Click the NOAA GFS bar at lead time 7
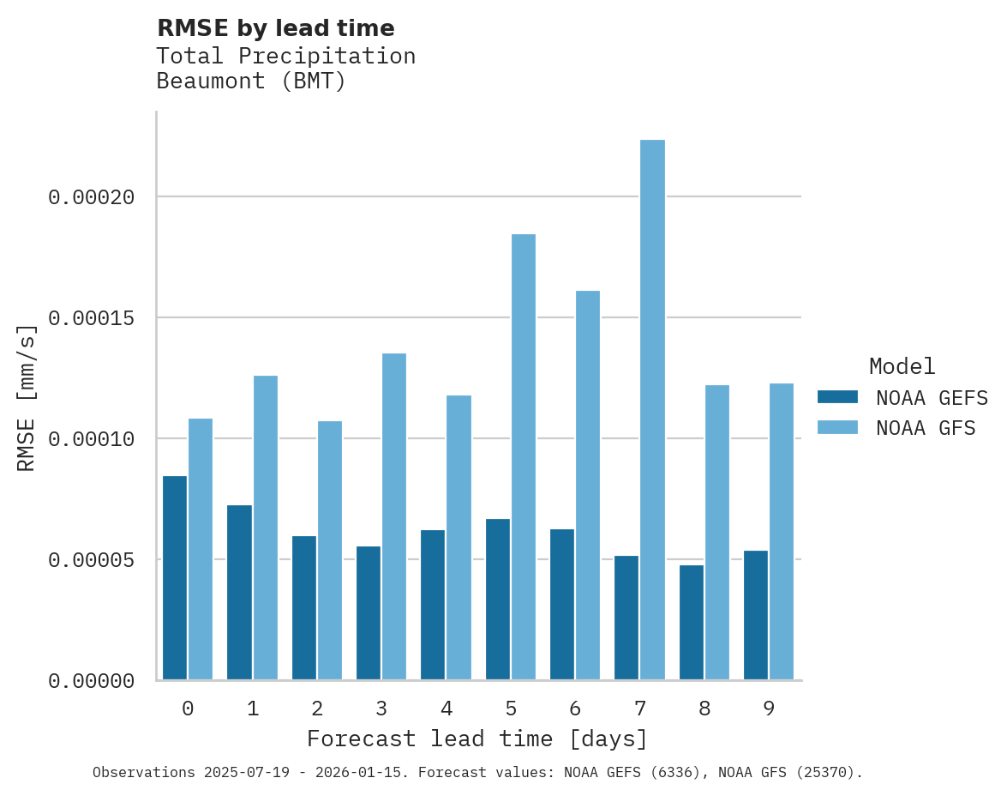tap(652, 410)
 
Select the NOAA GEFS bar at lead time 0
tap(175, 578)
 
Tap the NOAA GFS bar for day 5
tap(523, 457)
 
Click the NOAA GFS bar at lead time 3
tap(394, 516)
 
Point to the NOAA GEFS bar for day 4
tap(433, 605)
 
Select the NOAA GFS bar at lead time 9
tap(782, 532)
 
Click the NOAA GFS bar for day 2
tap(330, 551)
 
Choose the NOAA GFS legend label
tap(926, 428)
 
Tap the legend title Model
tap(902, 367)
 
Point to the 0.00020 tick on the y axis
tap(92, 197)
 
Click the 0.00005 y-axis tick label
tap(92, 560)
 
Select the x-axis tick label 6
tap(575, 709)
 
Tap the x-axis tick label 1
tap(253, 709)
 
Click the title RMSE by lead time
tap(275, 29)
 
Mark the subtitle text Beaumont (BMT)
tap(251, 82)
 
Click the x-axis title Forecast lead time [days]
tap(477, 739)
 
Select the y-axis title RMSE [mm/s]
tap(27, 398)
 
